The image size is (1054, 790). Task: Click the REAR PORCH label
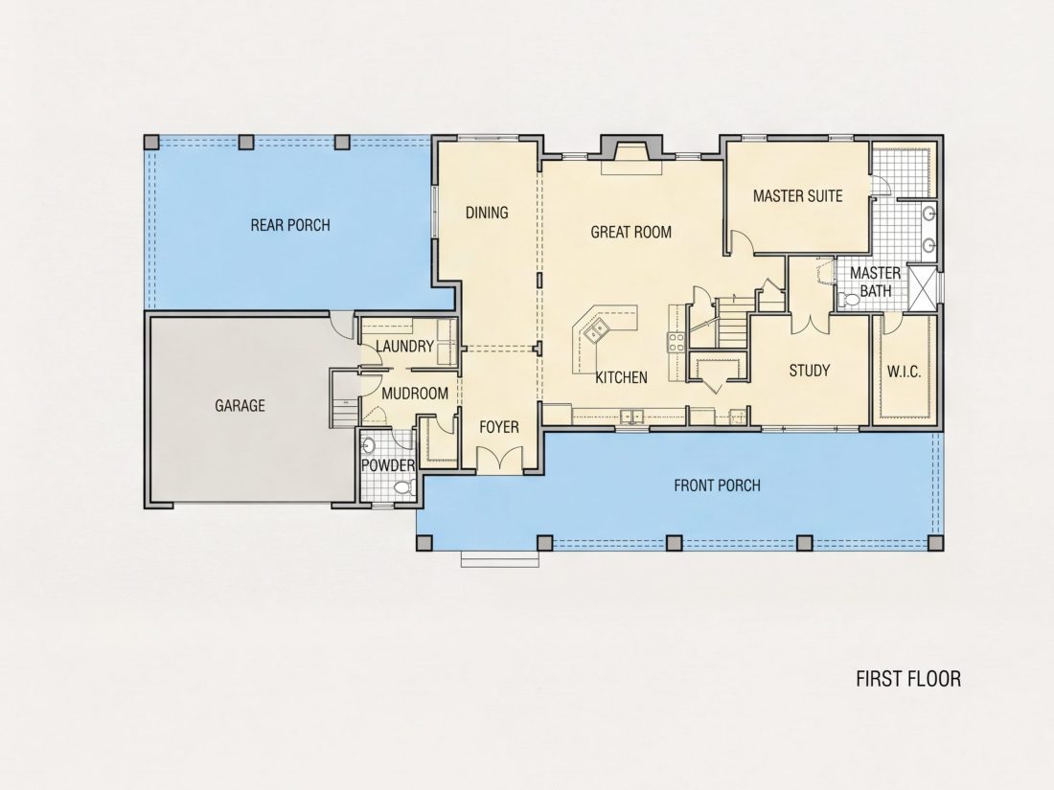point(290,225)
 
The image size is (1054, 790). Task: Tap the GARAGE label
point(240,406)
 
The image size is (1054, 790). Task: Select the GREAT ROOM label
point(631,233)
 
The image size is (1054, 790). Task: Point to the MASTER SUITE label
point(798,196)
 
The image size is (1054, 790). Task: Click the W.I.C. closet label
point(905,372)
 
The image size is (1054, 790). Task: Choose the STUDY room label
point(810,371)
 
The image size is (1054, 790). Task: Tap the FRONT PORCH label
point(718,485)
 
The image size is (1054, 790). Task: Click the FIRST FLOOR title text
point(908,679)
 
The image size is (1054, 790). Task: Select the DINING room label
point(487,213)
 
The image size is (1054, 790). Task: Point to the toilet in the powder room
point(403,487)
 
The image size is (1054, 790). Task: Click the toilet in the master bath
point(847,300)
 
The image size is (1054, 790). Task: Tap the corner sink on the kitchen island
point(596,329)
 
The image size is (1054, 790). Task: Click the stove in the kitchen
point(676,343)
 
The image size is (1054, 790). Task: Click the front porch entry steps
point(499,558)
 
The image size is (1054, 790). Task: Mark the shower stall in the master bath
point(922,287)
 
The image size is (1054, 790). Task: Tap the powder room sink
point(368,445)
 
